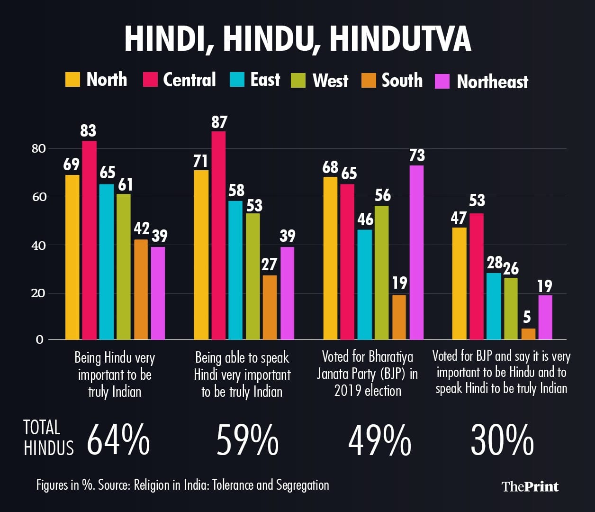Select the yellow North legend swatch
coord(72,79)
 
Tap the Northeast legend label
coord(492,82)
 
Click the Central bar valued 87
coord(218,235)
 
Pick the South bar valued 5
coord(528,334)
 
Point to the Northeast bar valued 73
coord(416,252)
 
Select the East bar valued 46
coord(365,284)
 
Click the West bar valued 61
coord(124,266)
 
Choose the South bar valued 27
coord(270,307)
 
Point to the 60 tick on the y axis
coord(38,197)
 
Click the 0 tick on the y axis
coord(39,339)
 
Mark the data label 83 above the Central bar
coord(89,131)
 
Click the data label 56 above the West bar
coord(382,195)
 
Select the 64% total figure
coord(118,440)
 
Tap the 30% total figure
coord(502,440)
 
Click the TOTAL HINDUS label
coord(48,438)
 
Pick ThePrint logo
coord(530,486)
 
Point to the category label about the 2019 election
coord(368,374)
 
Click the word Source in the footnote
coord(114,485)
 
